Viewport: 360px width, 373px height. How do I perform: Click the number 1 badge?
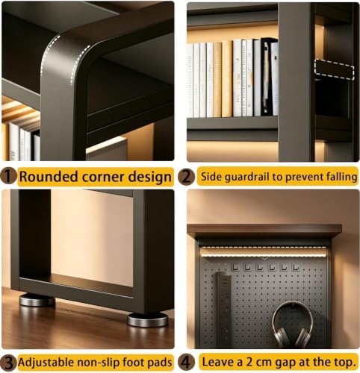click(9, 176)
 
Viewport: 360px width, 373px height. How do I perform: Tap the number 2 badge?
click(186, 177)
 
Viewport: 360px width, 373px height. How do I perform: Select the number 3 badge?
click(9, 363)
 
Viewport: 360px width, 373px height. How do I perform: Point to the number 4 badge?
click(186, 362)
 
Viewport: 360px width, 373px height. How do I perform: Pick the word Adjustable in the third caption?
click(46, 363)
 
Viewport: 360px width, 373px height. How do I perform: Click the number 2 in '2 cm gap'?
click(249, 362)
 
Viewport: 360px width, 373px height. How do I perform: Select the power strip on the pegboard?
click(225, 308)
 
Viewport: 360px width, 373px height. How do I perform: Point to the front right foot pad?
click(148, 320)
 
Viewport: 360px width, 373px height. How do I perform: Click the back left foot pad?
click(37, 300)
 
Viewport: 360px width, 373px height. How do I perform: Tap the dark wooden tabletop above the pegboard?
click(264, 231)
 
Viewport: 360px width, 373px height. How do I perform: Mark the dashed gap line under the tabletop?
click(264, 248)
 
